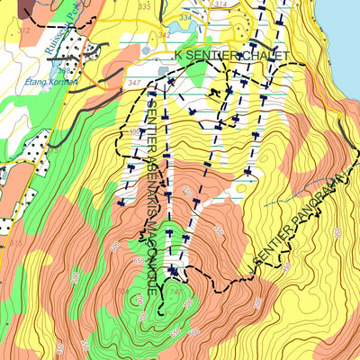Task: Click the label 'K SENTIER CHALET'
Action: click(x=231, y=56)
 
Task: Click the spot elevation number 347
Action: click(x=134, y=83)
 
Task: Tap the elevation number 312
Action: click(x=23, y=31)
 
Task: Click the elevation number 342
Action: click(x=164, y=34)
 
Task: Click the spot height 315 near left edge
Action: click(x=14, y=244)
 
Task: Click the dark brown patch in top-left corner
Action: click(x=18, y=7)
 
